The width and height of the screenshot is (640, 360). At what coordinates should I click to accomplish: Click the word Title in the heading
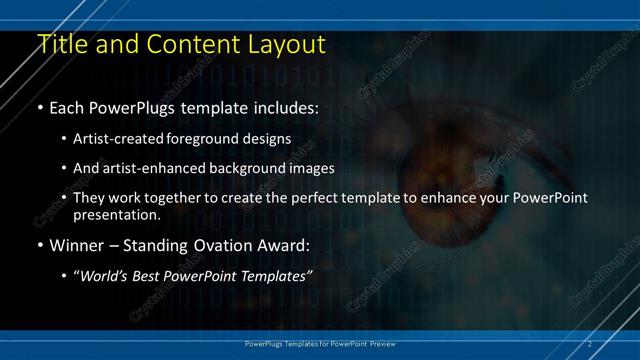click(x=60, y=44)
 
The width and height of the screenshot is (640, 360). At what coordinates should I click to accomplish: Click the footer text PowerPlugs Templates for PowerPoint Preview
click(x=319, y=343)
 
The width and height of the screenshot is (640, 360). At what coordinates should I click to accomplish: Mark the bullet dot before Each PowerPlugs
click(x=39, y=107)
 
